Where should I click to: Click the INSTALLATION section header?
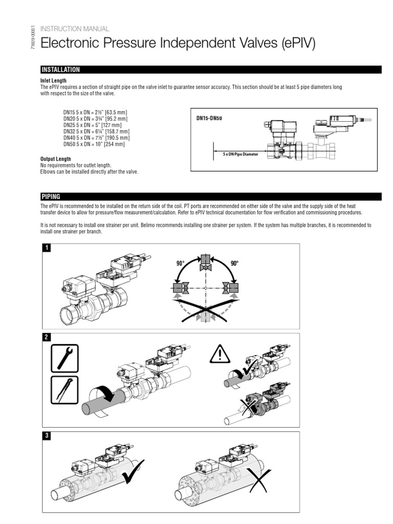tap(60, 70)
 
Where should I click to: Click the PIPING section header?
tap(51, 196)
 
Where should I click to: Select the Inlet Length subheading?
tap(53, 81)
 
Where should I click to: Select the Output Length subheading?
tap(55, 159)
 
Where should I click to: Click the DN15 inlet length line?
tap(94, 113)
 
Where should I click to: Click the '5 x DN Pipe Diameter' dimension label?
tap(241, 153)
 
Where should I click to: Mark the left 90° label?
tap(179, 263)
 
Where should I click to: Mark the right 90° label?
tap(235, 263)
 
